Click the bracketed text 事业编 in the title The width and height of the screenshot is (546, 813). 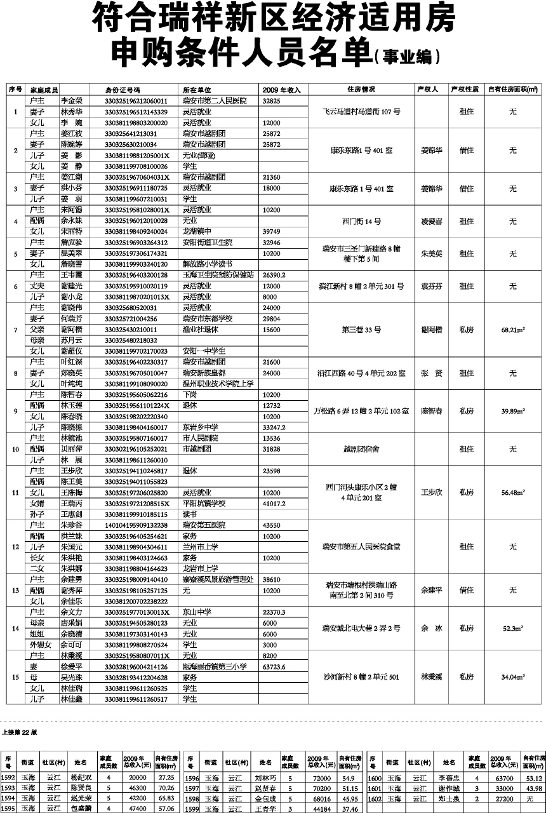coord(408,57)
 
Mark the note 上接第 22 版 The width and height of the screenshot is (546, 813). coord(20,732)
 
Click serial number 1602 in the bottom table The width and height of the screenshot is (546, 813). coord(376,799)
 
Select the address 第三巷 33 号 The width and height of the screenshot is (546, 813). coord(361,330)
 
